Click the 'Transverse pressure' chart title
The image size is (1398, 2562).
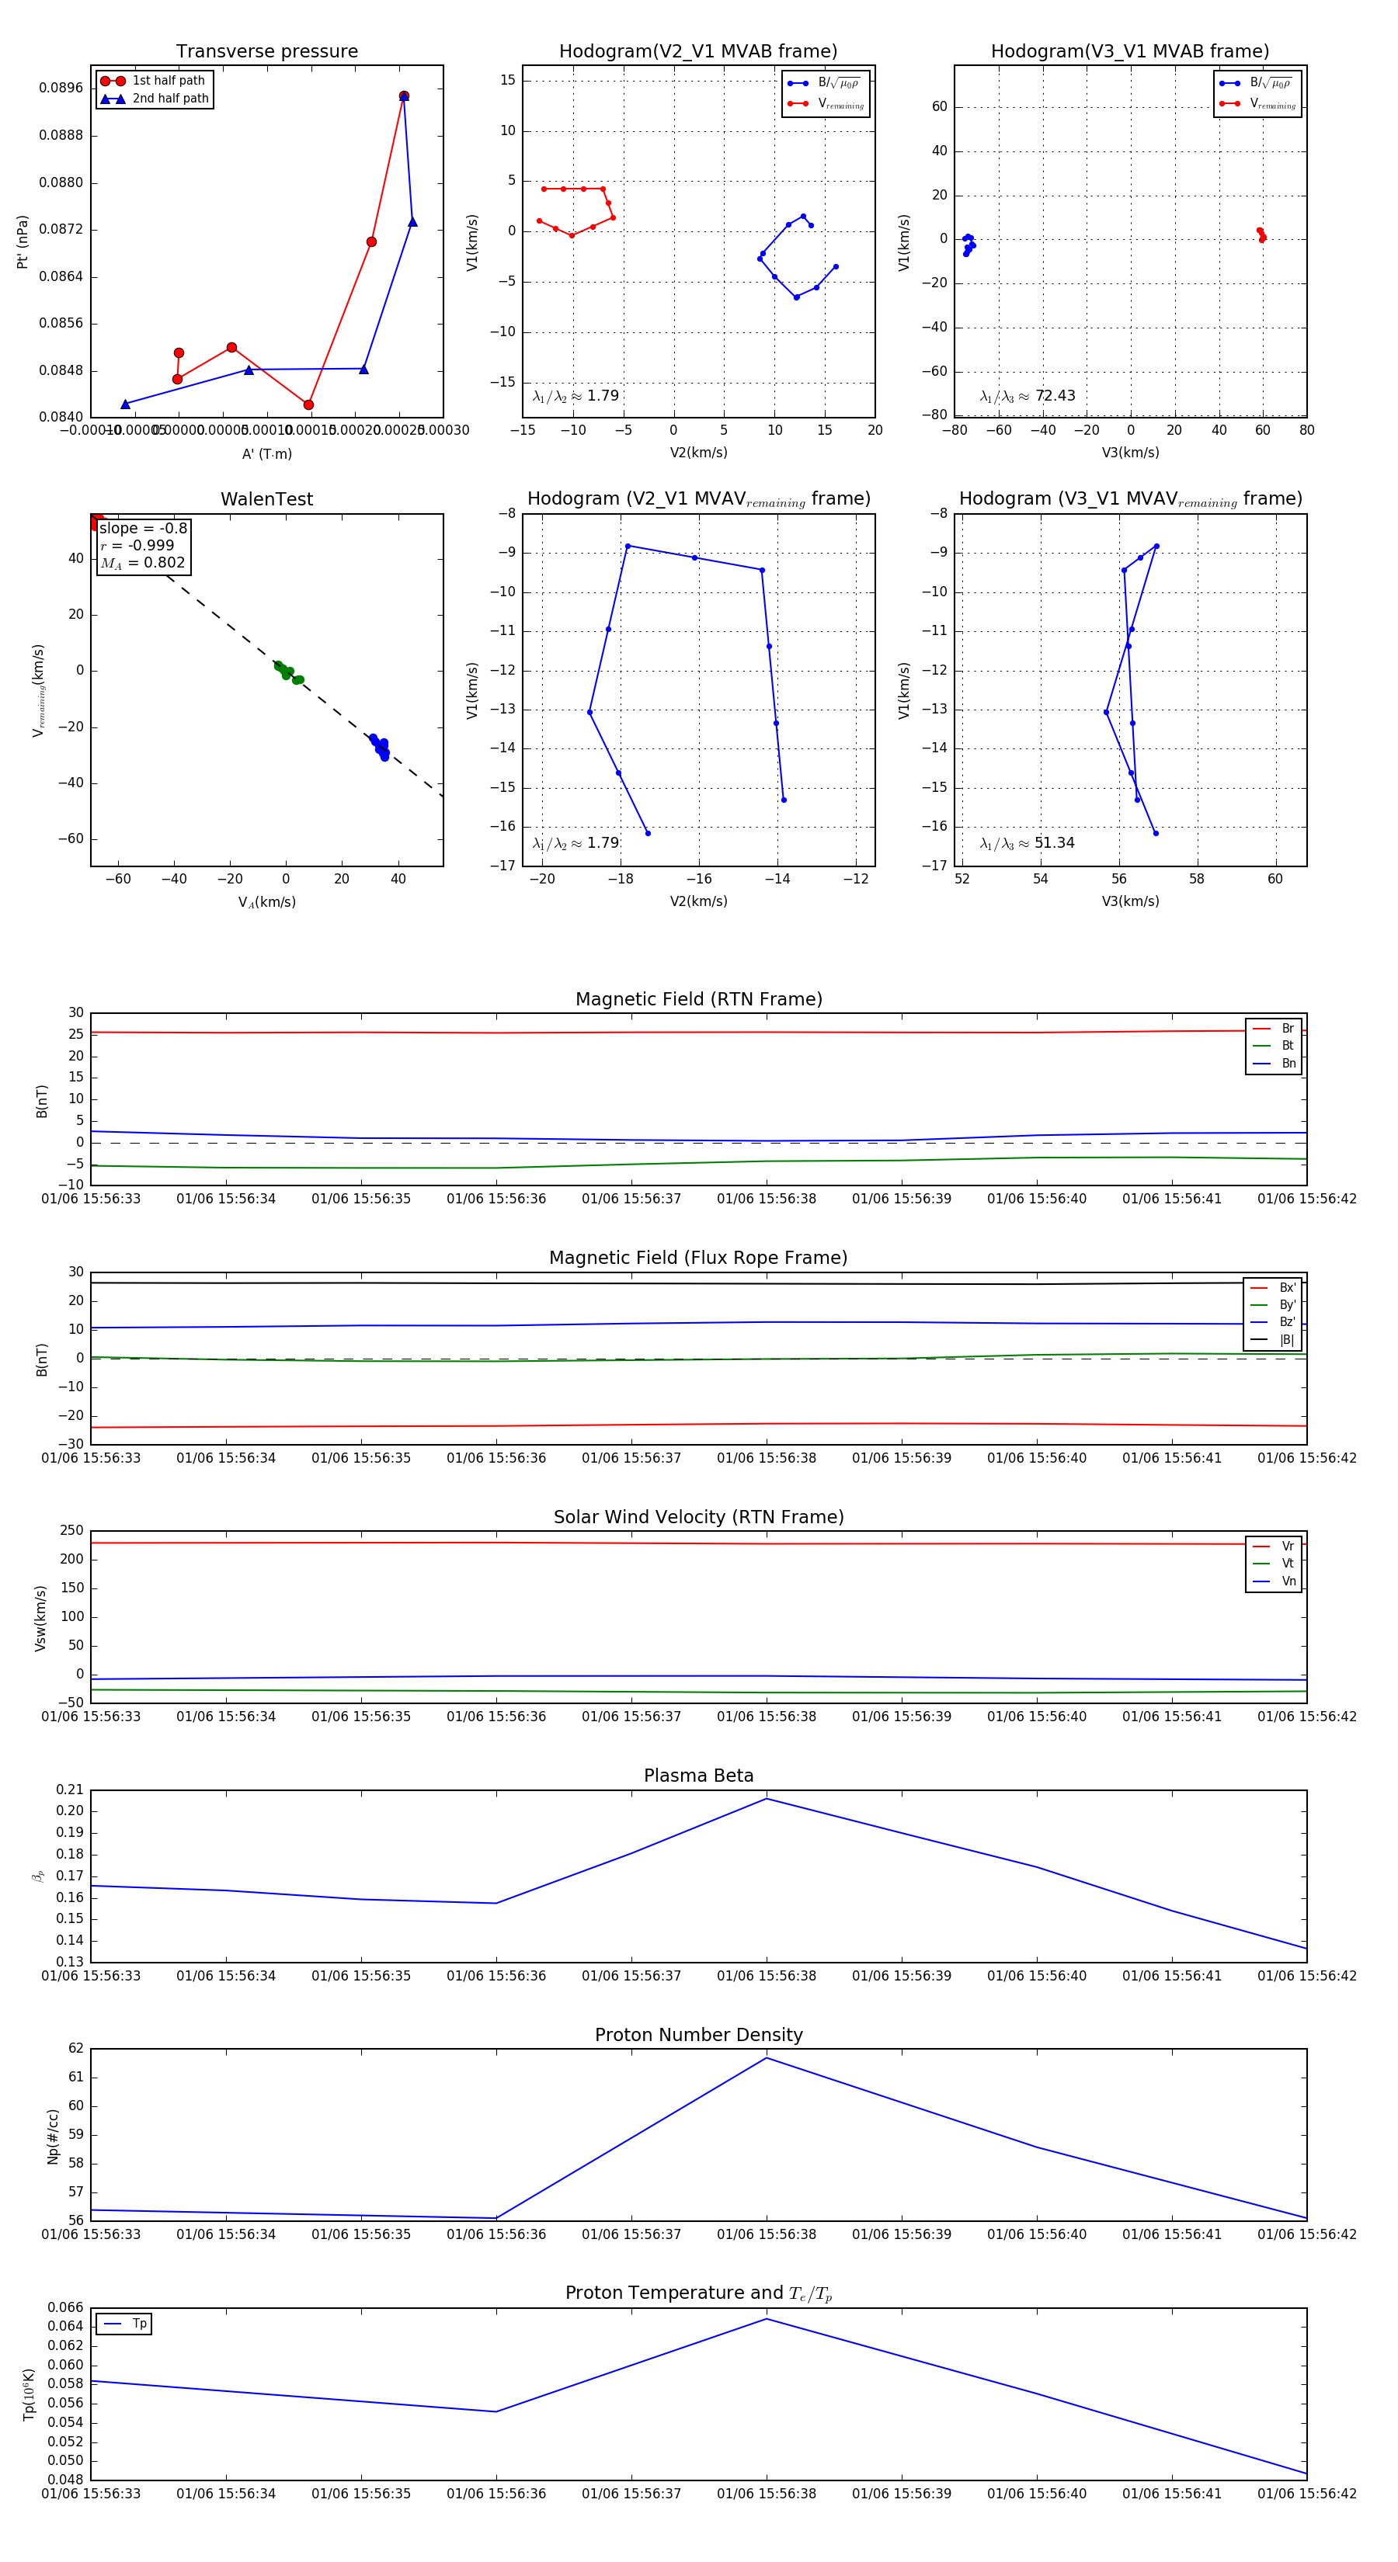266,52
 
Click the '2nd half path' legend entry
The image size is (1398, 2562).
170,99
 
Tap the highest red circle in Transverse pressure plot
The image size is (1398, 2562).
404,96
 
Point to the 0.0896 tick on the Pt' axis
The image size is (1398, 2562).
61,88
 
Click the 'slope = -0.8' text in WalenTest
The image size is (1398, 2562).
142,528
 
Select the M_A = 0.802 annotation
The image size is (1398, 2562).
142,563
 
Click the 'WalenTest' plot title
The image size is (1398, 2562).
266,499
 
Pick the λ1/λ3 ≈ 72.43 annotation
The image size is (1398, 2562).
1027,396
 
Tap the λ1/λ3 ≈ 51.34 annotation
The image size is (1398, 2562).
1027,843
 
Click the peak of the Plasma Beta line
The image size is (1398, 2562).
766,1798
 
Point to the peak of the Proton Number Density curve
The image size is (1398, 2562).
766,2058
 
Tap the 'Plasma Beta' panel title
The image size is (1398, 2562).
698,1776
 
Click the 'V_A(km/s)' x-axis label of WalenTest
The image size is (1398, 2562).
266,902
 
